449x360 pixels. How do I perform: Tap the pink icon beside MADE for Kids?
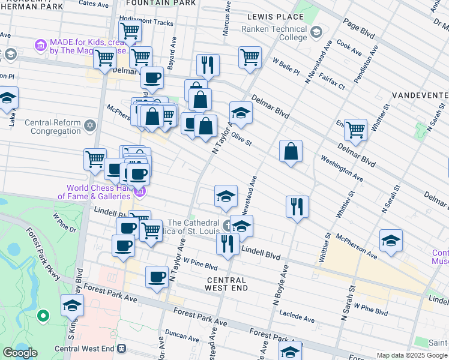41,45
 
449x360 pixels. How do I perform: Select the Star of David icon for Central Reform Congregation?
90,125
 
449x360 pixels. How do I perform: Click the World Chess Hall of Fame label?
94,192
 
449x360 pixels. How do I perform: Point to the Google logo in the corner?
19,353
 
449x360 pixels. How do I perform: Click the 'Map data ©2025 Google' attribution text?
411,355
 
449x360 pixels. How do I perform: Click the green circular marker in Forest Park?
43,315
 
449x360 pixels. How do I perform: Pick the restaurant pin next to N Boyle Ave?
297,208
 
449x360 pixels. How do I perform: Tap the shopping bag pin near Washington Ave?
291,152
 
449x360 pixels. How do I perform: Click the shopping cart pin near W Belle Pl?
250,58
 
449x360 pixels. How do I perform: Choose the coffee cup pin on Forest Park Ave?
157,277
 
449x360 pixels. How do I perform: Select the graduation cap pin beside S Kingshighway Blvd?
72,305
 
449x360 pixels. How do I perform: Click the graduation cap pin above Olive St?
241,113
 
